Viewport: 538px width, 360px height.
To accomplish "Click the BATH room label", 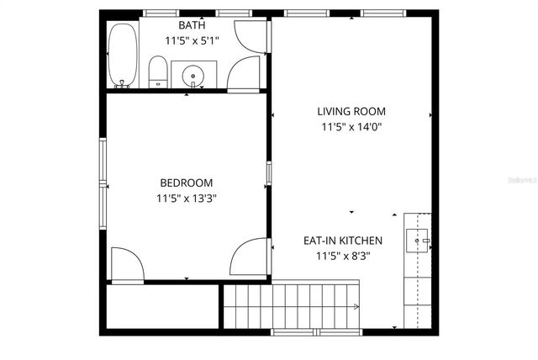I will click(191, 26).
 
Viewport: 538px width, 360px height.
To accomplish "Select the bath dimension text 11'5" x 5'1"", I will click(192, 40).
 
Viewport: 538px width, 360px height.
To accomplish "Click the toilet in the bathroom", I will click(158, 71).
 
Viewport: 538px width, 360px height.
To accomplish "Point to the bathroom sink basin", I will click(194, 75).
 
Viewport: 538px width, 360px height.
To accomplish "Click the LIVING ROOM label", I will click(351, 111).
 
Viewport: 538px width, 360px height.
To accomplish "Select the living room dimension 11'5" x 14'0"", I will click(351, 127).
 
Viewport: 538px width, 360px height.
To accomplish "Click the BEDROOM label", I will click(187, 183).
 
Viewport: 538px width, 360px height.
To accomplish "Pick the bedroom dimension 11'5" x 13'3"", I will click(187, 199).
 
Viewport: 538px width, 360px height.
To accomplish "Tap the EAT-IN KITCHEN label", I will click(343, 240).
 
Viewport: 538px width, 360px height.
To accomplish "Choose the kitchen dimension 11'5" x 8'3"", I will click(343, 256).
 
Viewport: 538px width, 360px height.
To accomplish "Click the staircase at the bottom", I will click(292, 305).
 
